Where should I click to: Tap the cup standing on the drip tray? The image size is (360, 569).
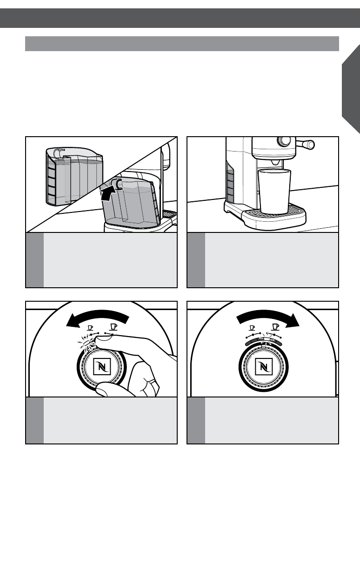(x=274, y=192)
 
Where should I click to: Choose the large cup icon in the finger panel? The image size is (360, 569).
(x=112, y=327)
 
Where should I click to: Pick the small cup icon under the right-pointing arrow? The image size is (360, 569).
(x=252, y=327)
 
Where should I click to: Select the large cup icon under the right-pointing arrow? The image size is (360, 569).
(x=274, y=327)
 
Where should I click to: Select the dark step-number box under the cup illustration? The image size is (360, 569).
(x=196, y=260)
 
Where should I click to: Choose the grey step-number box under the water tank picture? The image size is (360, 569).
(x=34, y=260)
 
